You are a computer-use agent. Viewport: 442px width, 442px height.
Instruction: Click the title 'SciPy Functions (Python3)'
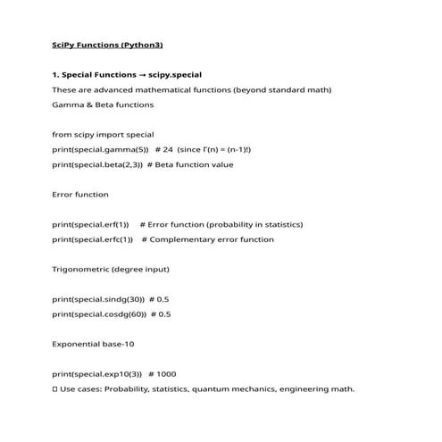107,45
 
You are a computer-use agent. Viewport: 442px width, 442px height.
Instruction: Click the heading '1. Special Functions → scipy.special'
133,75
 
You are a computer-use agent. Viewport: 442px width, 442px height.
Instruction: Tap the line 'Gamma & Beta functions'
103,104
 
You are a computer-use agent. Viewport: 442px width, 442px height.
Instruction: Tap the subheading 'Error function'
80,194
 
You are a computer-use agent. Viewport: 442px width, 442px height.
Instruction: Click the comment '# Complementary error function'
208,239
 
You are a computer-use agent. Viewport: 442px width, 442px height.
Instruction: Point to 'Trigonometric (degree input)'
111,269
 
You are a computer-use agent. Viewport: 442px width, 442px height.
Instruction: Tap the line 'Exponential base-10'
93,344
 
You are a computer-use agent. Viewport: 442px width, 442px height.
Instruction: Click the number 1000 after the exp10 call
166,374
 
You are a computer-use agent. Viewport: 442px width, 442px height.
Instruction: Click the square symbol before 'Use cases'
55,389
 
